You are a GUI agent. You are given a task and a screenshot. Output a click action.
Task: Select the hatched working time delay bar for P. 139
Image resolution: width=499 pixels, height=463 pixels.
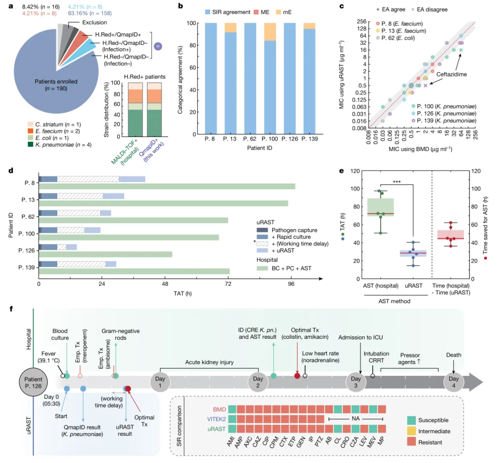pyautogui.click(x=81, y=264)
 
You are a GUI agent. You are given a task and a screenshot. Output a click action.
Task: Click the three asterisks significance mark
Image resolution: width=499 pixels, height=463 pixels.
pyautogui.click(x=396, y=181)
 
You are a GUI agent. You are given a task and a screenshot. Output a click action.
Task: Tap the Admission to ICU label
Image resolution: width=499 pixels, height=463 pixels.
pyautogui.click(x=362, y=338)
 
